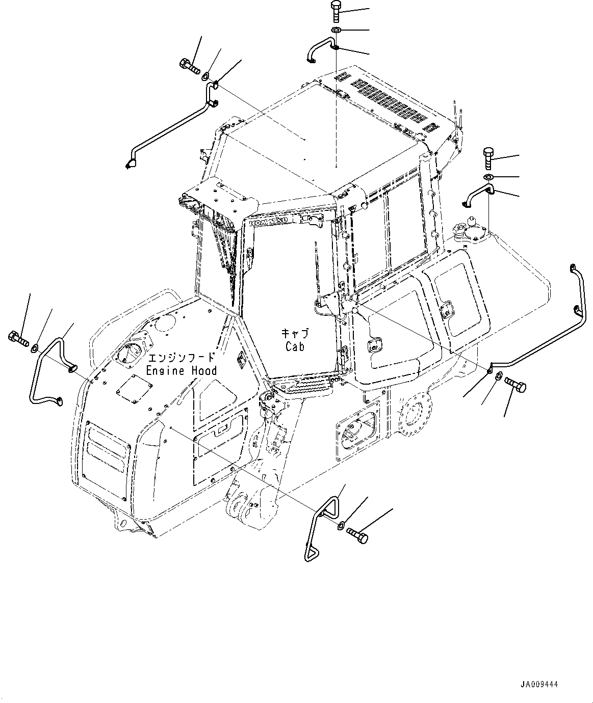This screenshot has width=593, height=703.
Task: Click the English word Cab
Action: pos(295,346)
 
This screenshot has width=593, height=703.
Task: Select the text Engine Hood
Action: pos(181,370)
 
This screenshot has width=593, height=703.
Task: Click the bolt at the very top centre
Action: pos(336,11)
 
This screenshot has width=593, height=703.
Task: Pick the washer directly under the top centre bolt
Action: pos(336,31)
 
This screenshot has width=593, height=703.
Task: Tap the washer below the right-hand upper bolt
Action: pos(488,177)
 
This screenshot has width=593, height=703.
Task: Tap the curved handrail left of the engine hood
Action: pos(48,369)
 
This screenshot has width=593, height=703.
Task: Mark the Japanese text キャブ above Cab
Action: pos(295,333)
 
